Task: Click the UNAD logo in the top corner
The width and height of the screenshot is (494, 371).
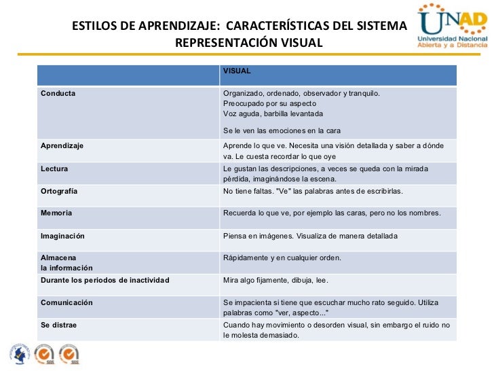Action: click(x=452, y=27)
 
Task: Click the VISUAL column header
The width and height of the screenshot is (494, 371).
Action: click(x=237, y=70)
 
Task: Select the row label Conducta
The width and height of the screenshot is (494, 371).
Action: click(x=58, y=93)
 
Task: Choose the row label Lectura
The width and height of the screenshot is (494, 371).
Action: click(x=54, y=168)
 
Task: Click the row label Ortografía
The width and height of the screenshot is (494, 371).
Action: click(x=59, y=191)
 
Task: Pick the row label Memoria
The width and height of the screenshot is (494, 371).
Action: click(x=56, y=213)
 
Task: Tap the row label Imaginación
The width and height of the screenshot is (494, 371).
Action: click(x=62, y=236)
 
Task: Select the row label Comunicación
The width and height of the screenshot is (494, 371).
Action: click(x=66, y=302)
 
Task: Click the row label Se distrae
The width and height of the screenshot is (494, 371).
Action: click(x=59, y=325)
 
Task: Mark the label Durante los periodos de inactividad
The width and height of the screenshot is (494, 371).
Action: click(x=105, y=280)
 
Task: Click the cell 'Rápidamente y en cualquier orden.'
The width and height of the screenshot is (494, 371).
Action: click(x=282, y=258)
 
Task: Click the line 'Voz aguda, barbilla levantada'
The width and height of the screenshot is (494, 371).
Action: click(x=273, y=113)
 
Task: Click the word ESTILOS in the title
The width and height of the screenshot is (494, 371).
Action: click(x=95, y=26)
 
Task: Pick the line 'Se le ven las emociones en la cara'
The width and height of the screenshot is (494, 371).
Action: click(x=282, y=130)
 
